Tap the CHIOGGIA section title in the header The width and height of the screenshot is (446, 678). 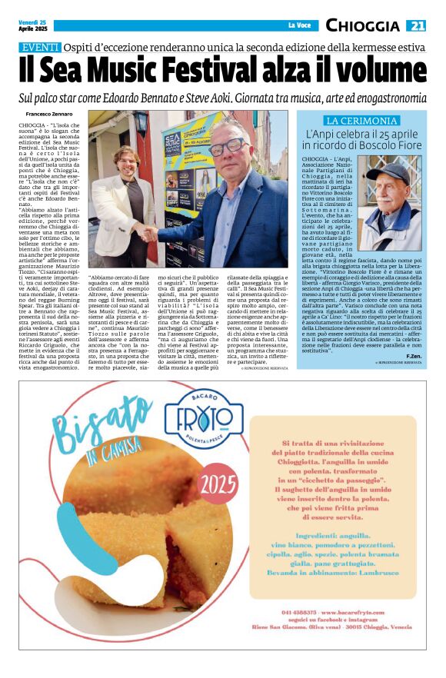(362, 26)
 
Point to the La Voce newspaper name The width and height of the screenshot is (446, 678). (298, 26)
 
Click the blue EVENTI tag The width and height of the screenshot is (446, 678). (39, 48)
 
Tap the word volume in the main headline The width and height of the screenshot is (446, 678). (378, 71)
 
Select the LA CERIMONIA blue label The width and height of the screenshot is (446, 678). (361, 121)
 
